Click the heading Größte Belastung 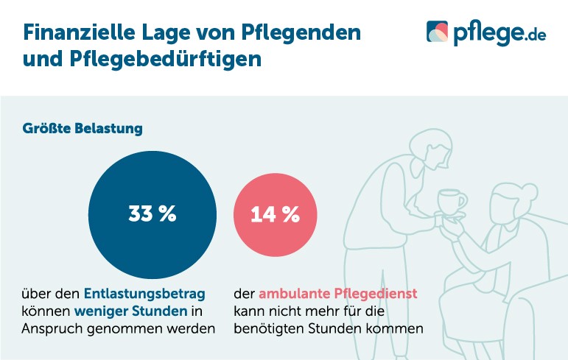click(x=82, y=128)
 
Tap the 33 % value click(x=152, y=214)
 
